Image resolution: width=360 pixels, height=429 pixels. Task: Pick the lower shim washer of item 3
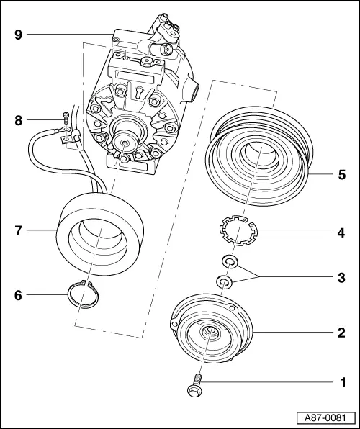pyautogui.click(x=224, y=281)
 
